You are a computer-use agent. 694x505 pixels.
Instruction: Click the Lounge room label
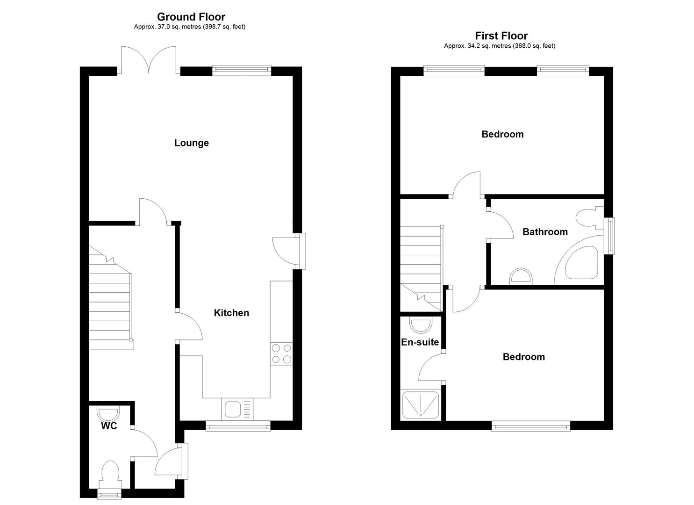(192, 143)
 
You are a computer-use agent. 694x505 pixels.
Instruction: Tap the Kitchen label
(231, 313)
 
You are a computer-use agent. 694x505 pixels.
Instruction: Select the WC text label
(109, 426)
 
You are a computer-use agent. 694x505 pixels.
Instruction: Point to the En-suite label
(420, 342)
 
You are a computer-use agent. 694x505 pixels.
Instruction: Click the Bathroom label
(545, 232)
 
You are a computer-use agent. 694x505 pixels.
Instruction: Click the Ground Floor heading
(191, 16)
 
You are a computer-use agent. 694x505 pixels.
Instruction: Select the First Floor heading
(501, 36)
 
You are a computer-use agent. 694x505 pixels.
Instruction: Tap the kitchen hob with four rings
(281, 353)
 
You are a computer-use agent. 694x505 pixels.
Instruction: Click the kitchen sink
(237, 410)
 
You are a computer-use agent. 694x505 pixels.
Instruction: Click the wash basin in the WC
(108, 413)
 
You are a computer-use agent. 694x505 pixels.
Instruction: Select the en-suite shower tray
(421, 404)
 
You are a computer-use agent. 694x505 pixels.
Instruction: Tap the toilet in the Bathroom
(590, 219)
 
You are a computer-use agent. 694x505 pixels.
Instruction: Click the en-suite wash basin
(421, 325)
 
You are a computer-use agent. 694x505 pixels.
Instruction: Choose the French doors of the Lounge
(149, 60)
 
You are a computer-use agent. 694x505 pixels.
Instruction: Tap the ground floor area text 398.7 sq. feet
(224, 27)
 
